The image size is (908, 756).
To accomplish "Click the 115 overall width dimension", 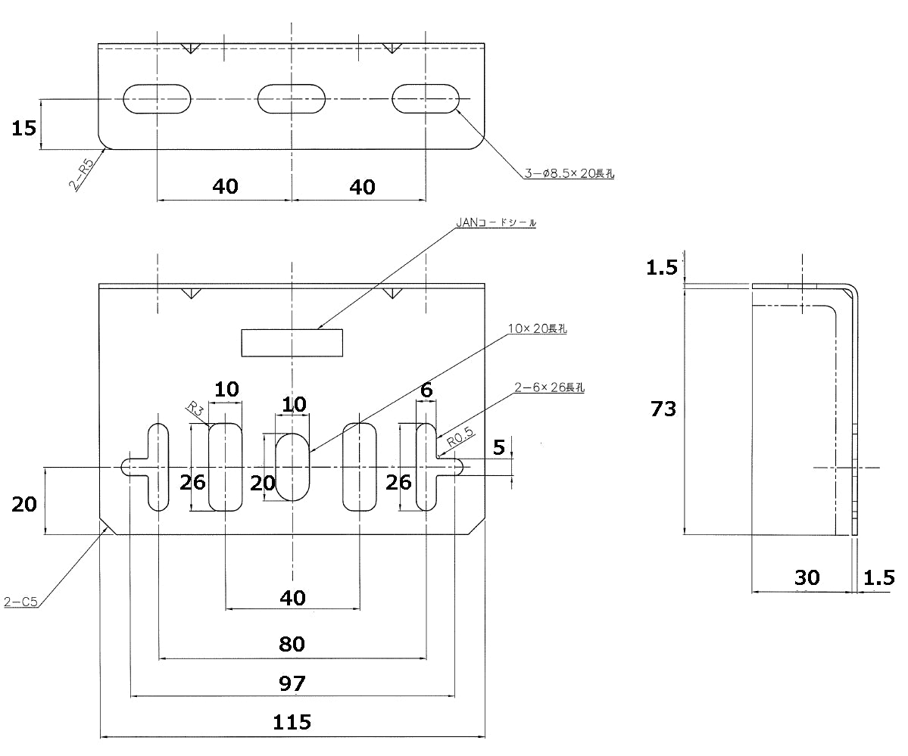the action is (x=292, y=722).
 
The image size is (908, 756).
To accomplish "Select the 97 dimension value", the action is (x=292, y=683).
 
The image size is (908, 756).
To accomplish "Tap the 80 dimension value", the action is (x=292, y=644).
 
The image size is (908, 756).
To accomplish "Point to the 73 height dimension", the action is (x=663, y=409).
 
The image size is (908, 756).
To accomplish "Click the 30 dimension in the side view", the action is (x=807, y=577).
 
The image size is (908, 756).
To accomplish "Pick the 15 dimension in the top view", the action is (x=23, y=128).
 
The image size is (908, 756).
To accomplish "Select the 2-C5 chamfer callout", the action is (x=21, y=602).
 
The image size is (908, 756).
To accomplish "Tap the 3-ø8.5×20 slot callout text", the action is (x=569, y=173).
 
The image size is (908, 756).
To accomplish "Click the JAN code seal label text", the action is (x=496, y=222).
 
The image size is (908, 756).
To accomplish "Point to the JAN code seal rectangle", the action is (x=292, y=342).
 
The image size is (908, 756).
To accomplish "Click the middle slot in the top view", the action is (x=292, y=98).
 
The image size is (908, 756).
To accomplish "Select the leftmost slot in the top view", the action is (x=156, y=98).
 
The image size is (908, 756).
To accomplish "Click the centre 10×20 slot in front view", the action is (x=292, y=467).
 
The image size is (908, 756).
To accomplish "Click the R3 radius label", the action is (x=196, y=409).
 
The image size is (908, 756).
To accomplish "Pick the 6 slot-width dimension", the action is (x=426, y=390).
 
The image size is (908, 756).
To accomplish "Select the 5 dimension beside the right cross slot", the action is (x=498, y=447).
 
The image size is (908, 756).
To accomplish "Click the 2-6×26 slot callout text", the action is (x=549, y=387).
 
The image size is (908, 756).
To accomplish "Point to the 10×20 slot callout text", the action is (x=538, y=328).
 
